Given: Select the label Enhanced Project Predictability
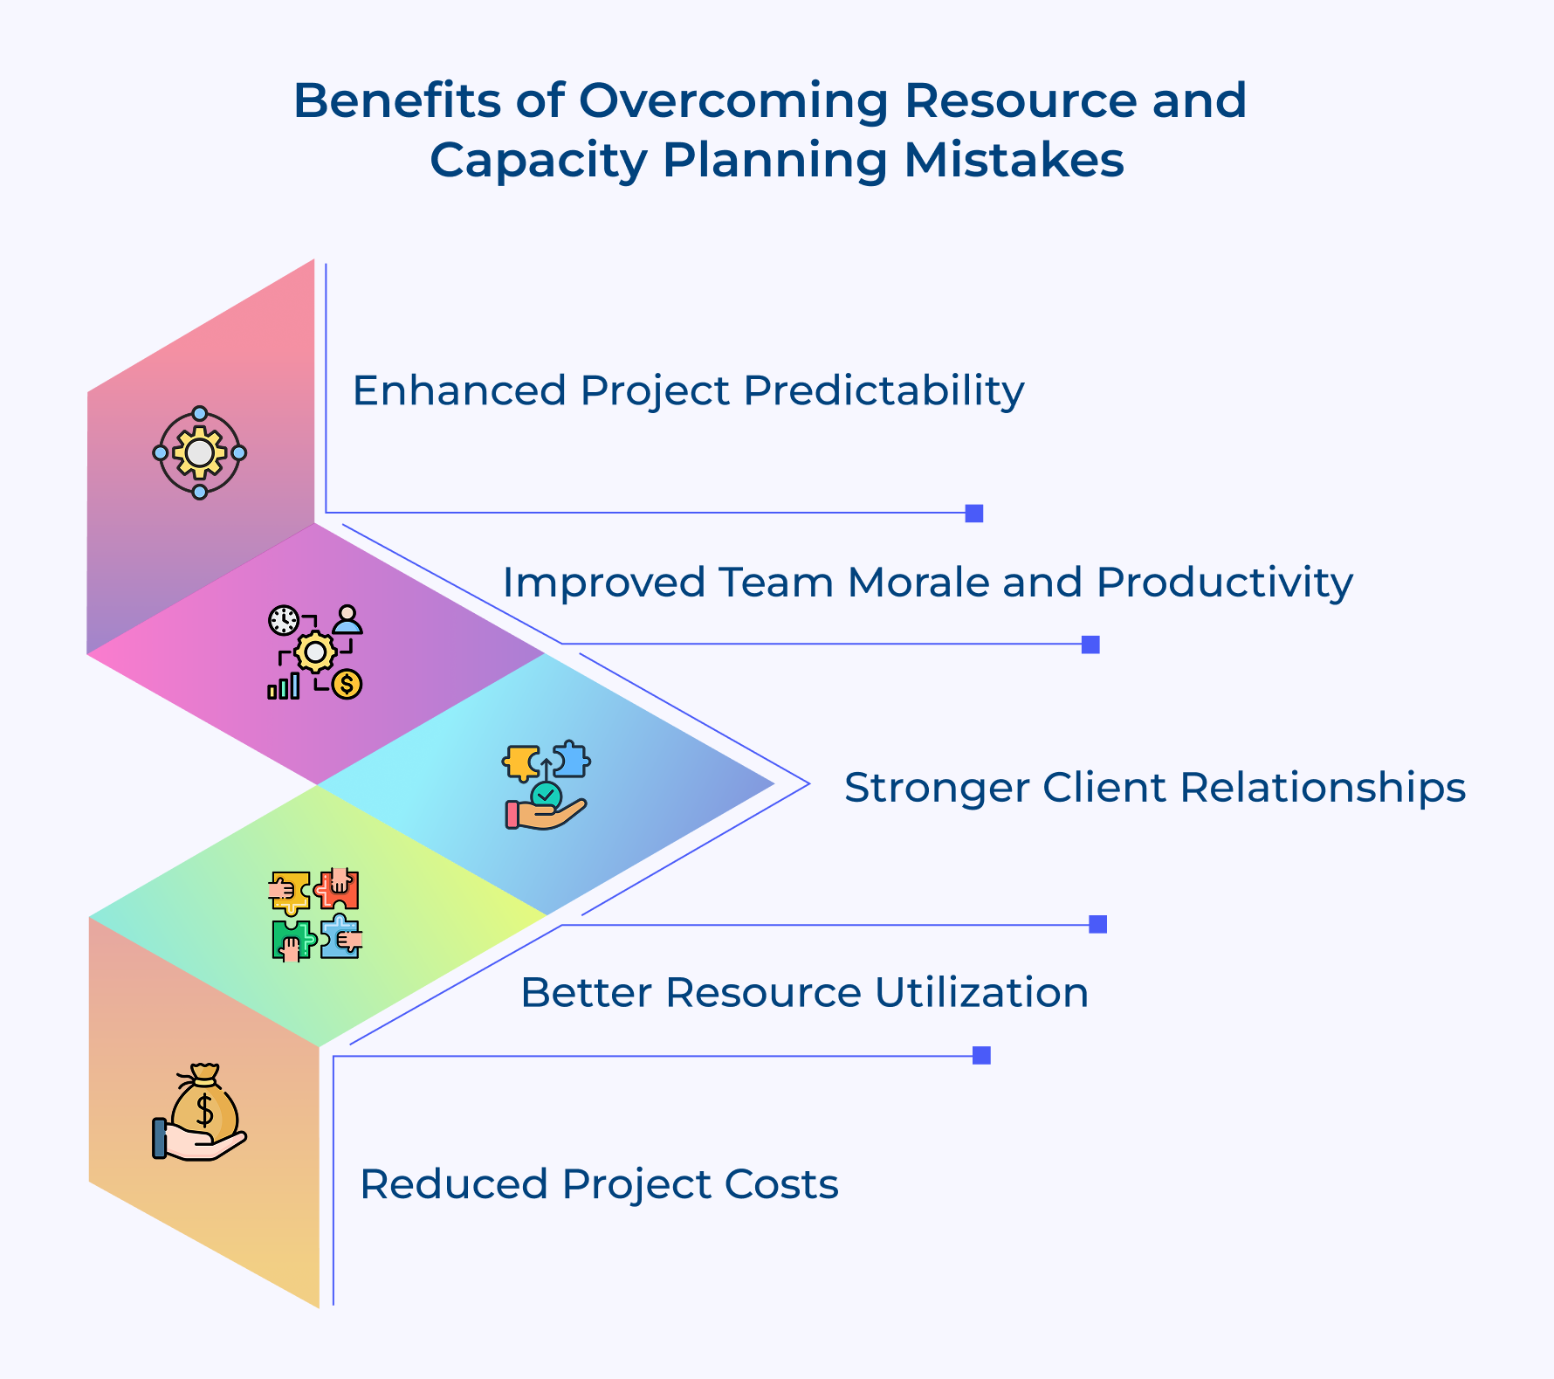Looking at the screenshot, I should click(x=688, y=390).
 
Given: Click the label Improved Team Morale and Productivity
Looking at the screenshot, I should click(x=927, y=583).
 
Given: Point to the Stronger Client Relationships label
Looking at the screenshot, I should click(x=1154, y=788).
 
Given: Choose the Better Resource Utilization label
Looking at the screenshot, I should click(x=804, y=993).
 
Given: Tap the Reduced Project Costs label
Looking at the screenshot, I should click(x=599, y=1185).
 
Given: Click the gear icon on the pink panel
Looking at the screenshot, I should click(x=200, y=453).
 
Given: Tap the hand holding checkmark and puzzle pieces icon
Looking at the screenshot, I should click(x=547, y=785).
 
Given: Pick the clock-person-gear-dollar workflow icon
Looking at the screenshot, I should click(x=315, y=652).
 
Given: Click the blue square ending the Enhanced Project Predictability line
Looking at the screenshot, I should click(x=974, y=514).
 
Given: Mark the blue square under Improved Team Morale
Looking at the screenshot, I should click(x=1090, y=645).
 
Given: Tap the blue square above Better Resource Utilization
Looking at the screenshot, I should click(x=1098, y=924).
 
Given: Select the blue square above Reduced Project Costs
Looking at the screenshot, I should click(x=981, y=1055).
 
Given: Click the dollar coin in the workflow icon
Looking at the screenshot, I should click(x=347, y=684).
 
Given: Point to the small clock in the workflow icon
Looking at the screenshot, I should click(x=283, y=620).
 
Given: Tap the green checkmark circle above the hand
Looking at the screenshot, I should click(x=547, y=796).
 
